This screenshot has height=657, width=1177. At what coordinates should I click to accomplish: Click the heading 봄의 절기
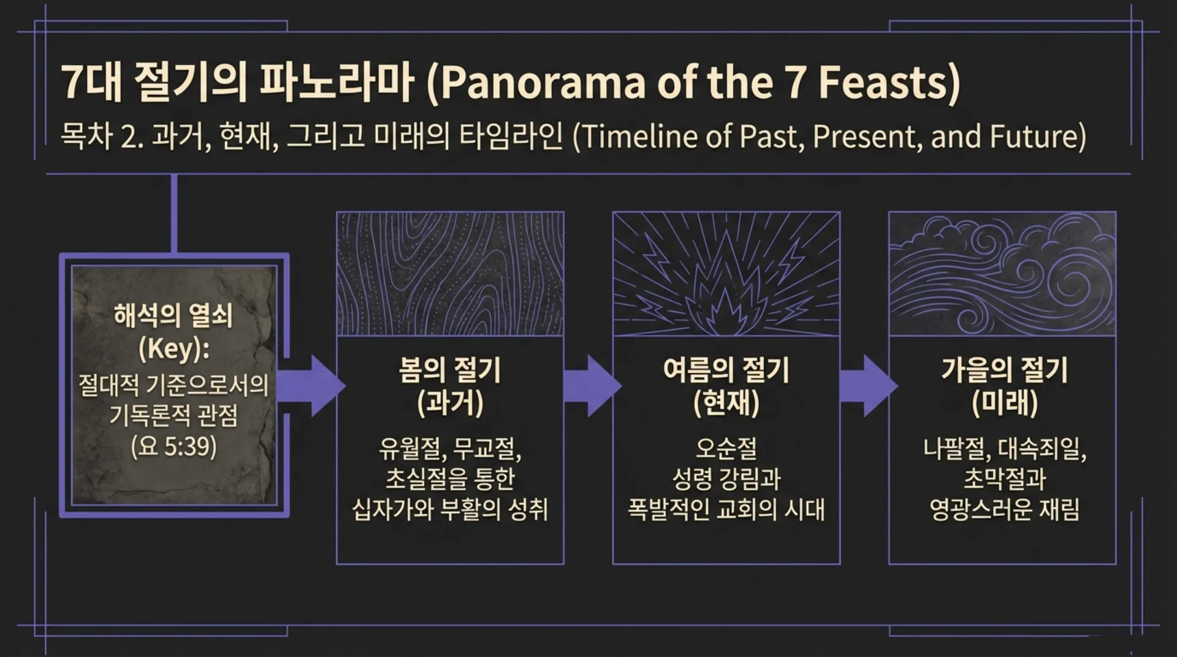point(450,370)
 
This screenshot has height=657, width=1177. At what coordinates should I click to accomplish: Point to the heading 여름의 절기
point(726,370)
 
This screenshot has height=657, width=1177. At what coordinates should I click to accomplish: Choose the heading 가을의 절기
point(1004,370)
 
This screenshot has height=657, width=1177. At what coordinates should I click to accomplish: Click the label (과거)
point(450,403)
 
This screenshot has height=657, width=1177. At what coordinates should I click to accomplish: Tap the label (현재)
point(726,403)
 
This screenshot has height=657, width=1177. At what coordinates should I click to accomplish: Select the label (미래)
point(1004,403)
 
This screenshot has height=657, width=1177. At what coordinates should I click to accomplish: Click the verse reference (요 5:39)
point(173,446)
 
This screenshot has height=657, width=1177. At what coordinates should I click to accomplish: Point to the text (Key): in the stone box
point(173,349)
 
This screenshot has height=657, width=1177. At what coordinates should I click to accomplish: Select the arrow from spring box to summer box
point(591,386)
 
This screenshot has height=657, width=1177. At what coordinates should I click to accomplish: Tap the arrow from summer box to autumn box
point(867,386)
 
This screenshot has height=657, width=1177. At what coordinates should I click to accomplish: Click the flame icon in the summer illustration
point(726,294)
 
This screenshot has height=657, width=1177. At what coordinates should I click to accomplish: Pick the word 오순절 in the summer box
point(726,448)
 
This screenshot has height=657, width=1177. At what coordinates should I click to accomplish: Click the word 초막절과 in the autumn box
point(1004,479)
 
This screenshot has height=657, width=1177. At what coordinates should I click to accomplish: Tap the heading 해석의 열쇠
point(173,316)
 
